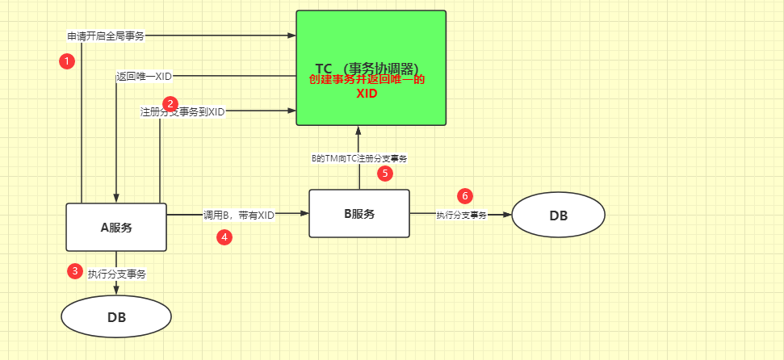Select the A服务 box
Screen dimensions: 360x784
coord(115,227)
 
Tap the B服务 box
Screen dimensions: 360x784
coord(358,213)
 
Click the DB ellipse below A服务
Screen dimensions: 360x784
coord(116,316)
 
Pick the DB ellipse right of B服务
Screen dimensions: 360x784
coord(558,216)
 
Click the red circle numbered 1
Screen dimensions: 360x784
coord(68,61)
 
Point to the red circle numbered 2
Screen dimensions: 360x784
coord(170,103)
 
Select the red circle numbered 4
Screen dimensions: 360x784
coord(224,237)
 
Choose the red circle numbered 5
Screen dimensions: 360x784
coord(385,173)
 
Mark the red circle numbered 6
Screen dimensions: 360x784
coord(464,195)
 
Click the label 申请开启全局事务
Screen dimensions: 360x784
coord(106,36)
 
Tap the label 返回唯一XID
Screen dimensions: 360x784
coord(144,77)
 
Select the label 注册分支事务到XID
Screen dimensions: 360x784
coord(182,112)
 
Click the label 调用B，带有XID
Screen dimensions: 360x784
coord(239,215)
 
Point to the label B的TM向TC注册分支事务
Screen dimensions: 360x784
coord(359,159)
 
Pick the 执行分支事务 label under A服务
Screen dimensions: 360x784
coord(117,274)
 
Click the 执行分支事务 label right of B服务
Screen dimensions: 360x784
coord(462,215)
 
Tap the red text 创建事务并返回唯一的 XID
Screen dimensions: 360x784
coord(367,86)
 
